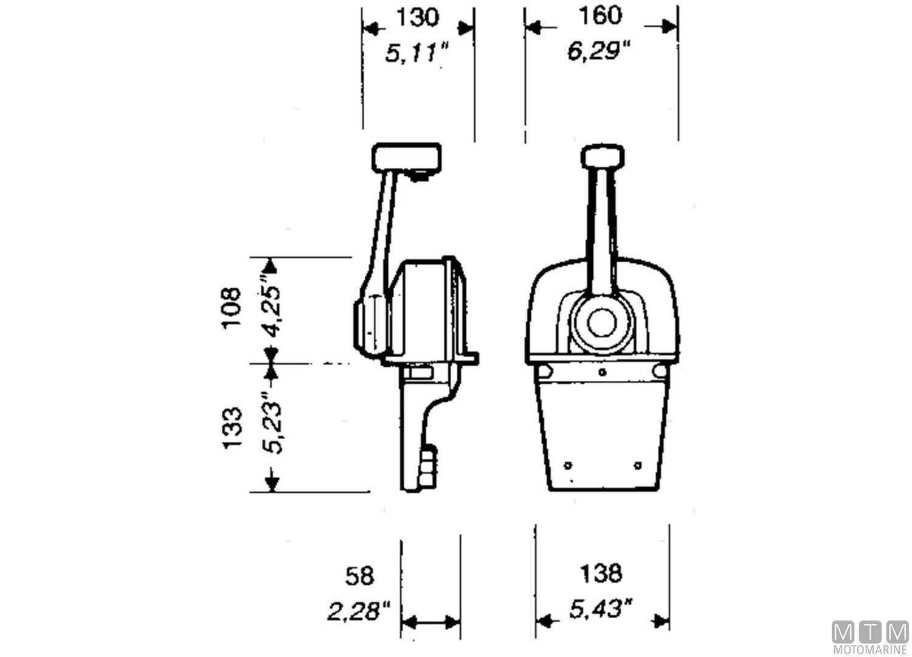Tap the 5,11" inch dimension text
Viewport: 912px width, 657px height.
pos(417,54)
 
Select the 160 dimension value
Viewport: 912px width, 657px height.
pos(600,16)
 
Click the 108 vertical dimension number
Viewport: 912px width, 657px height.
pos(232,308)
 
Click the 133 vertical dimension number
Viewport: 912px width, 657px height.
pos(232,428)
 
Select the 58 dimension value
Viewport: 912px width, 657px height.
pos(359,575)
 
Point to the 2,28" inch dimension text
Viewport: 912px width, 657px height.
pos(359,611)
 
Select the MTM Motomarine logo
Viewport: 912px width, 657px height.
pos(870,637)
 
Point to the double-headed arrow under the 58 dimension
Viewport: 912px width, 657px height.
pos(431,622)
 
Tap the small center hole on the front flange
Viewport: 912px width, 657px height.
pos(602,372)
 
